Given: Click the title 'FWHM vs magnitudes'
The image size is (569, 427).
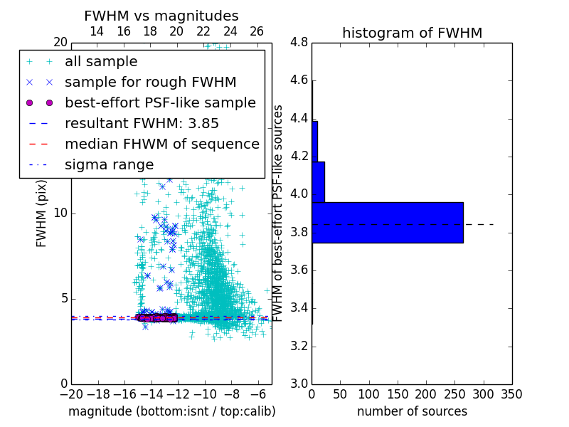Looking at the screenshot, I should (x=161, y=16).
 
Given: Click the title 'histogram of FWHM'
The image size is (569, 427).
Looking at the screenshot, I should (x=412, y=33).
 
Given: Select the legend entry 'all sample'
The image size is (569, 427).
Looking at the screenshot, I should (x=101, y=62).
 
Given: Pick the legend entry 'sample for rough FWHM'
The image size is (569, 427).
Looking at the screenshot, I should (x=150, y=83).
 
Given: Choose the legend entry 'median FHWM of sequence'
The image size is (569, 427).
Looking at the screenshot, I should (x=161, y=144).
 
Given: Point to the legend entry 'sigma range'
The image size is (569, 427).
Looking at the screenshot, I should (x=109, y=164).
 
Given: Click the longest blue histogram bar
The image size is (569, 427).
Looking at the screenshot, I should (x=388, y=222).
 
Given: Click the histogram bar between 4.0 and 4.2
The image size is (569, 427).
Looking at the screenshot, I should (x=318, y=181).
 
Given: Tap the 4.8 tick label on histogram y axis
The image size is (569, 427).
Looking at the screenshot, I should (x=299, y=43).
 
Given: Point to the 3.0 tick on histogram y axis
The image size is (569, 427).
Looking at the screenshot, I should (x=299, y=384).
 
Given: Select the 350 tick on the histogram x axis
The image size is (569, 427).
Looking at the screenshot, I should (x=511, y=394).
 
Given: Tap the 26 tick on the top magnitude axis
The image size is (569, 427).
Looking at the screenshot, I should (x=257, y=31).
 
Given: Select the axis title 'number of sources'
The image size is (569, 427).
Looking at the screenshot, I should (x=412, y=411).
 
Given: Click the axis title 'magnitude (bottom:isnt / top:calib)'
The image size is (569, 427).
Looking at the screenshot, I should (x=171, y=411).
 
